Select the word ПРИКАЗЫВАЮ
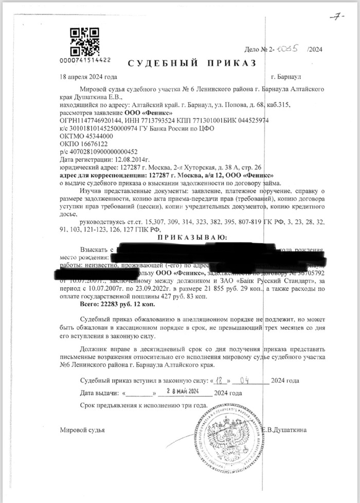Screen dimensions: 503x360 point(192,237)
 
